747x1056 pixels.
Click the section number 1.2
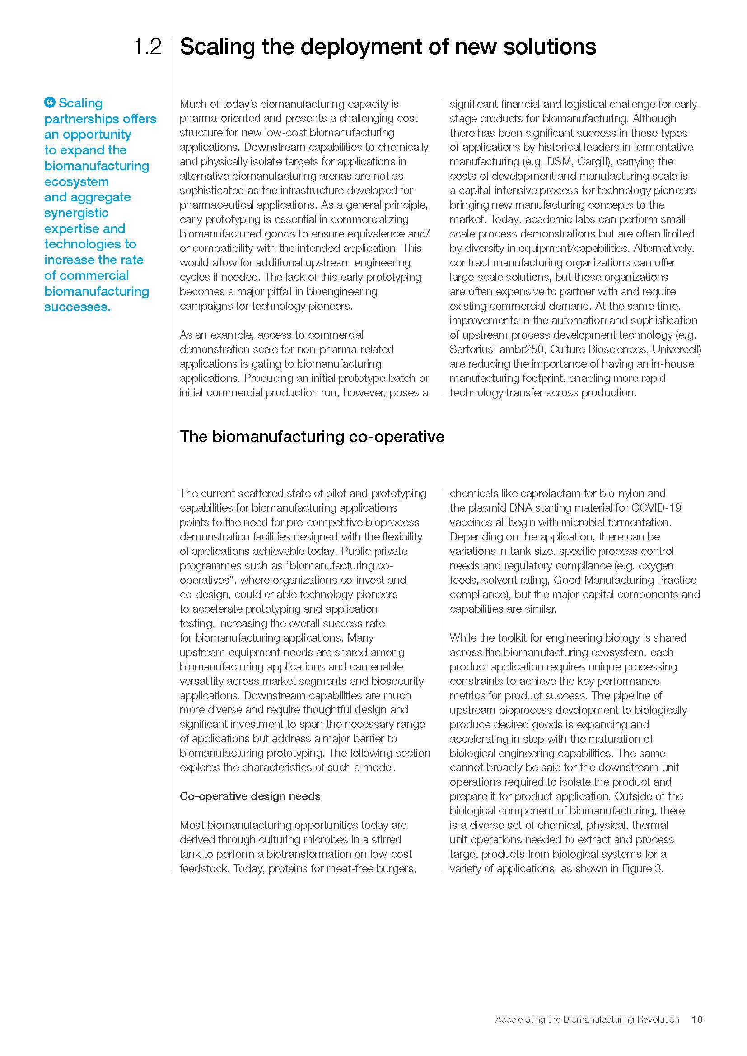pyautogui.click(x=147, y=47)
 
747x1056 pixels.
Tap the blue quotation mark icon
pyautogui.click(x=50, y=102)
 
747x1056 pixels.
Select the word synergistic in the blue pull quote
pyautogui.click(x=76, y=213)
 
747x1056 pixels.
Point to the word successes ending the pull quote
pyautogui.click(x=77, y=307)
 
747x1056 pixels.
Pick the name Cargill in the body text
pyautogui.click(x=593, y=162)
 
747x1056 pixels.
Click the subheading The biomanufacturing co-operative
pyautogui.click(x=312, y=437)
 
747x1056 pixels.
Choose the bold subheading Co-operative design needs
pyautogui.click(x=250, y=796)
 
